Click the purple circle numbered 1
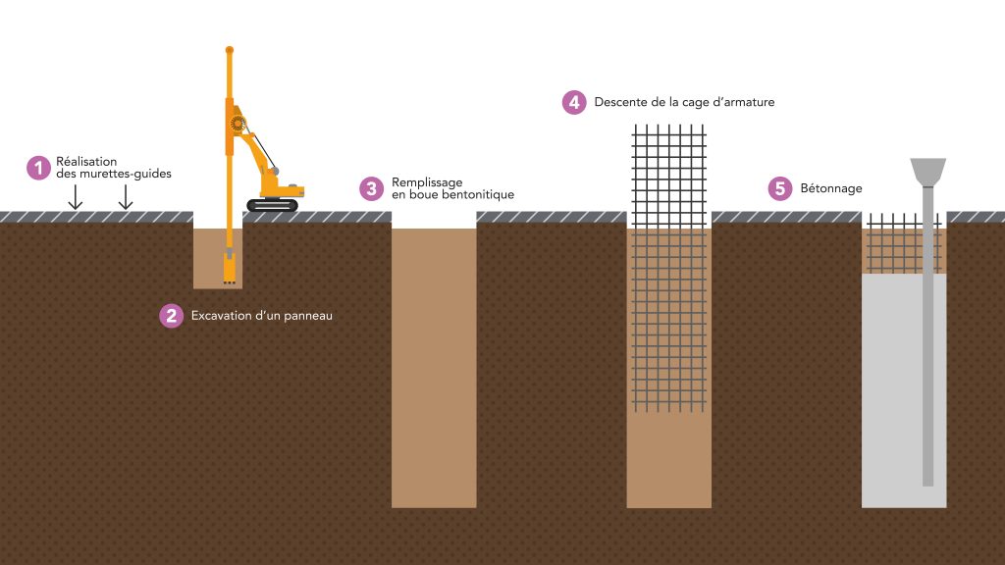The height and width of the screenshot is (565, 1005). [38, 168]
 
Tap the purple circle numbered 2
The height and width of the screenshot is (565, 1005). [171, 315]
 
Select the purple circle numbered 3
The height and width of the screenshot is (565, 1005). [371, 189]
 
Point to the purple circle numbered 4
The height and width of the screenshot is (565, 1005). [574, 102]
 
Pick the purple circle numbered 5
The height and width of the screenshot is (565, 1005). [780, 188]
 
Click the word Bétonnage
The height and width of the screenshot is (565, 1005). [831, 188]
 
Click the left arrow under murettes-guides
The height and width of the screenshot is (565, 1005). [75, 196]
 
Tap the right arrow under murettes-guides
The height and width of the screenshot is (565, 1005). [126, 196]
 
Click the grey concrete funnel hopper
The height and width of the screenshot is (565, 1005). [928, 173]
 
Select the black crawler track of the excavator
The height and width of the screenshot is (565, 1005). [273, 205]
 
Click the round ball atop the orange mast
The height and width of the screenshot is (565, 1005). [230, 50]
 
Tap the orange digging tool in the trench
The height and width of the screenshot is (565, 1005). [230, 267]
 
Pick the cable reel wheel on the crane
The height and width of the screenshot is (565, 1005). [238, 123]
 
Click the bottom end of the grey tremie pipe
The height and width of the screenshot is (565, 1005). [928, 485]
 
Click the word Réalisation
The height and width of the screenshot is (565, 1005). [86, 162]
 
